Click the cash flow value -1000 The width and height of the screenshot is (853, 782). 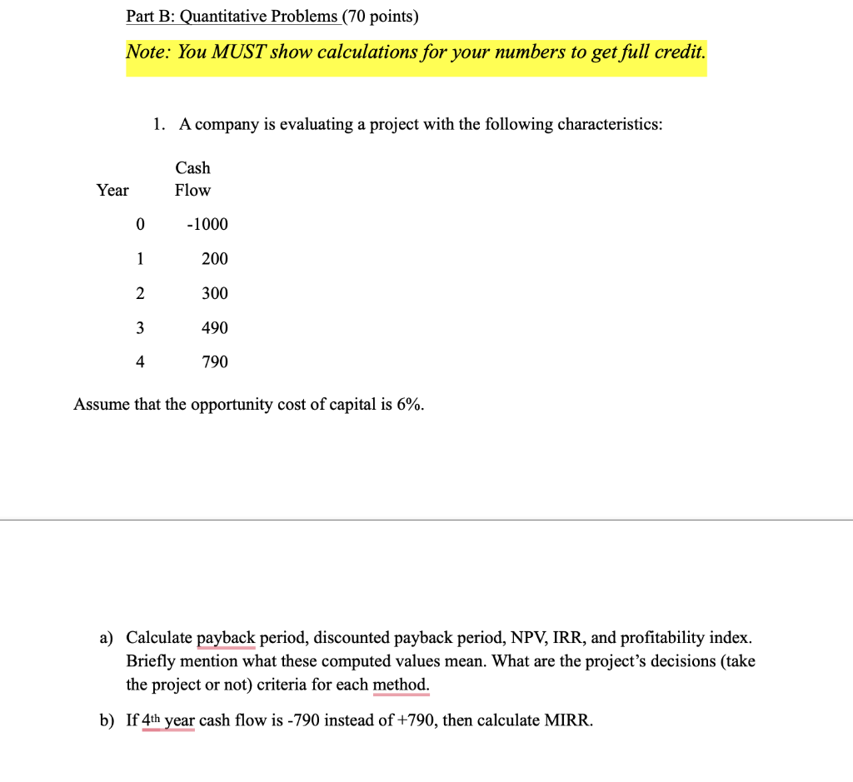[207, 225]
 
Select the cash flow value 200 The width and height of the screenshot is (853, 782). [214, 259]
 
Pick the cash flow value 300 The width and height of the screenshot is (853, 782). [214, 293]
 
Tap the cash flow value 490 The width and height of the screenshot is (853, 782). [214, 328]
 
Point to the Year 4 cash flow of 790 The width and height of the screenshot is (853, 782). [214, 362]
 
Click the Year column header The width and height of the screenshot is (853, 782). [112, 191]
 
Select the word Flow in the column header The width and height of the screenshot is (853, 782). [192, 191]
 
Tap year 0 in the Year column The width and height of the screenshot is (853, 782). [140, 225]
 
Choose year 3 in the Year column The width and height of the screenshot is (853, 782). [140, 328]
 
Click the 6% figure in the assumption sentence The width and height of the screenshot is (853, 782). [410, 405]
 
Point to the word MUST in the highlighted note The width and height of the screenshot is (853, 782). [237, 52]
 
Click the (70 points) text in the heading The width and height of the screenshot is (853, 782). [381, 17]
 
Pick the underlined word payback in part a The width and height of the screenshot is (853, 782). [226, 639]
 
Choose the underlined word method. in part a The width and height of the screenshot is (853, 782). [402, 685]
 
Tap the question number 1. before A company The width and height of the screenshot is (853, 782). [159, 125]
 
